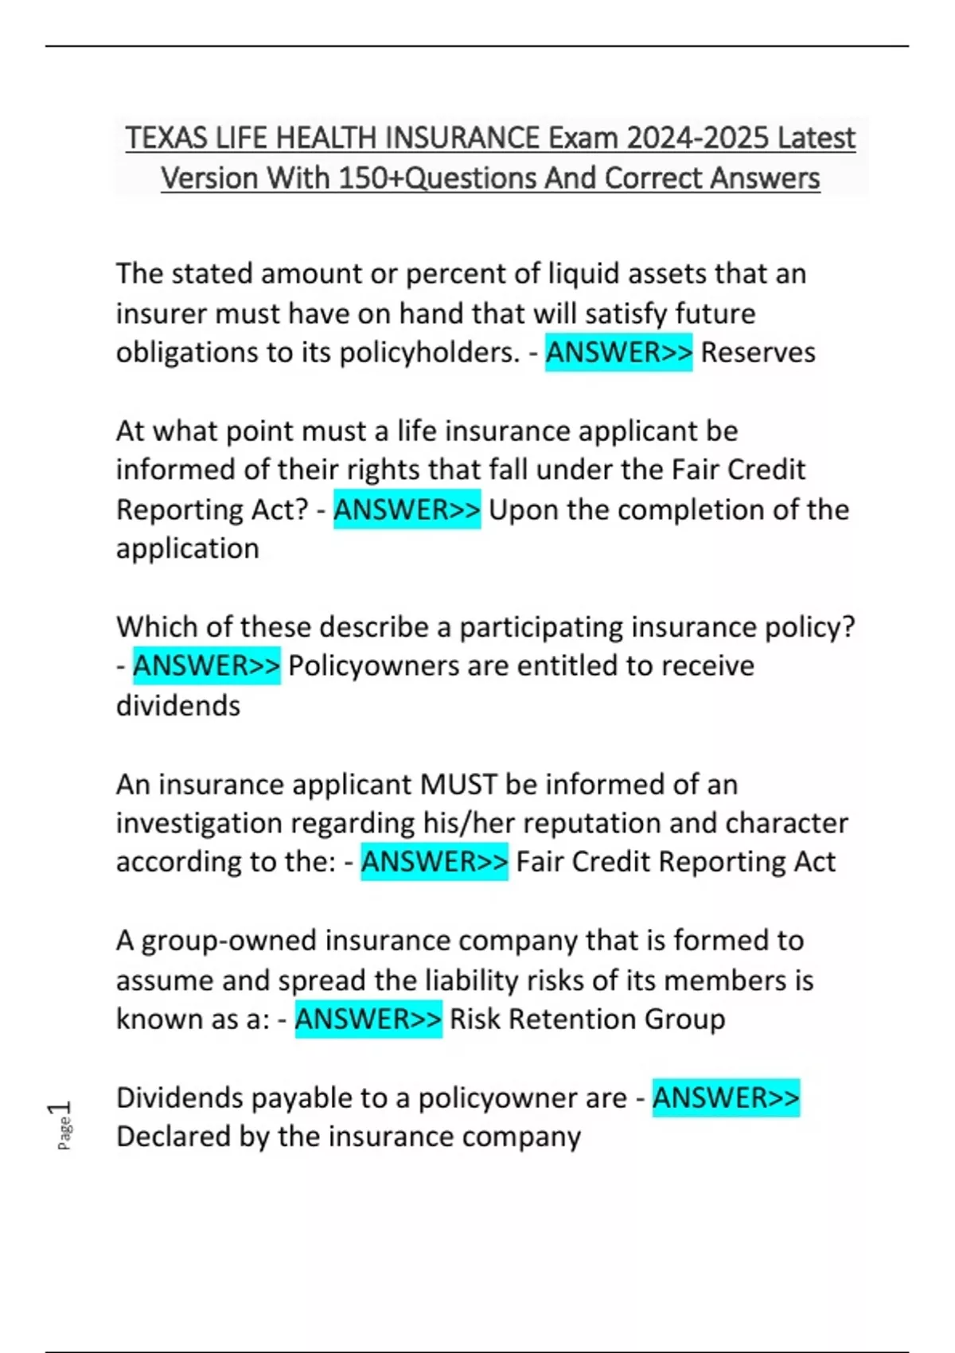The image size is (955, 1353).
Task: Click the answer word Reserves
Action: point(758,352)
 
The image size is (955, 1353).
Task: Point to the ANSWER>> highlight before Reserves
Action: point(618,352)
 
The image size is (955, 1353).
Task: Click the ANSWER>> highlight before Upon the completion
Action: point(407,509)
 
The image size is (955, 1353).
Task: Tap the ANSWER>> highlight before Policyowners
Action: point(206,665)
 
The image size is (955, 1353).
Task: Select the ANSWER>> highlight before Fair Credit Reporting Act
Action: point(434,861)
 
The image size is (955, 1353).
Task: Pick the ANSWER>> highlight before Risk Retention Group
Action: point(368,1019)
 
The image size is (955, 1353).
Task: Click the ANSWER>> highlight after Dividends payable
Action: point(725,1098)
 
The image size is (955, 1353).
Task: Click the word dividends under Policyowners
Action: point(178,705)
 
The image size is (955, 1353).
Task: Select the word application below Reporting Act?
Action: point(188,548)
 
